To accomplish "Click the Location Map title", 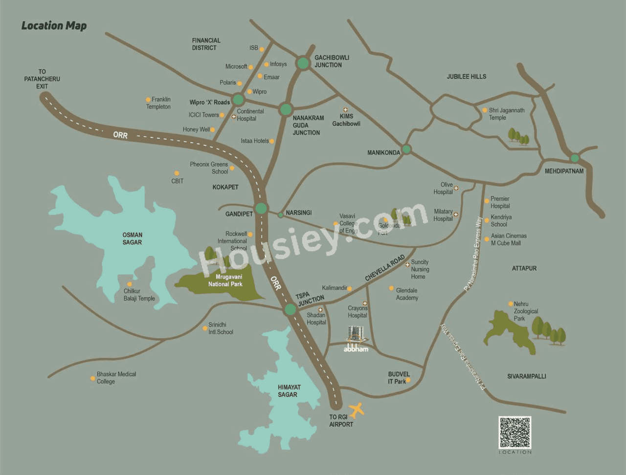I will click(x=54, y=26).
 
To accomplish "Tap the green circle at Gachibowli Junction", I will click(x=303, y=63).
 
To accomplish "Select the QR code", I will click(x=514, y=432).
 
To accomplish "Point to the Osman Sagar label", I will click(x=132, y=238).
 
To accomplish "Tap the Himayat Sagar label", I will click(x=289, y=391).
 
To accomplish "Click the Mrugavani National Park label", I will click(x=225, y=281).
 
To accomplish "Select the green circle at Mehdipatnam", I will click(x=575, y=158).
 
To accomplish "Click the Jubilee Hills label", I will click(x=466, y=77).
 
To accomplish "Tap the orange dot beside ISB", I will click(x=262, y=49).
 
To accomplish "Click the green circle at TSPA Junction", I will click(x=291, y=309).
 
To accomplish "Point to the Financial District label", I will click(x=206, y=44).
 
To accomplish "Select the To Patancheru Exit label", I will click(x=42, y=79).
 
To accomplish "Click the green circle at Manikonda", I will click(x=406, y=150).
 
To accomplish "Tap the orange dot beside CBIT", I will click(x=177, y=173).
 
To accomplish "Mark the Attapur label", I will click(x=524, y=268).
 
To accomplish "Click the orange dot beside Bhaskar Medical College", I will click(x=93, y=378).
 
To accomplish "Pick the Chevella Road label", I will click(x=385, y=268).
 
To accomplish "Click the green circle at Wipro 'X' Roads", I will click(x=238, y=100).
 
